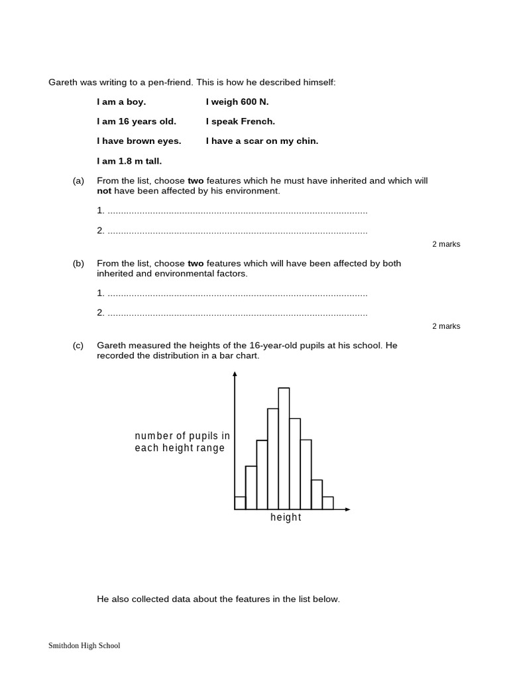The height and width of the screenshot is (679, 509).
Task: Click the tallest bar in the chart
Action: click(284, 448)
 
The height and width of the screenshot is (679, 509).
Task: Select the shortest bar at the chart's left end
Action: click(240, 503)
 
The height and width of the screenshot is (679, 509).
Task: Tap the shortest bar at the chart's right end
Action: click(327, 503)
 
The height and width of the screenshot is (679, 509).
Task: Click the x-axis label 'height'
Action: click(286, 517)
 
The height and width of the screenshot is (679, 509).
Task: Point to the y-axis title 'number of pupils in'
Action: click(182, 436)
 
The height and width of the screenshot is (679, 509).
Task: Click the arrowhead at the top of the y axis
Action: click(235, 375)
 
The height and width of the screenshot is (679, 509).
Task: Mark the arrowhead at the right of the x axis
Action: click(347, 509)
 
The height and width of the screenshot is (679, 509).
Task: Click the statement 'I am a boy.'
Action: click(121, 102)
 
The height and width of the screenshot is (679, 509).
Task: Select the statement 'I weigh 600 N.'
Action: click(237, 102)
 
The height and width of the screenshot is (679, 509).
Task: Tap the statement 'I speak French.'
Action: click(241, 121)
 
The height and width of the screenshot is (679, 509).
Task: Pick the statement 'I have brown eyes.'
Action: click(139, 141)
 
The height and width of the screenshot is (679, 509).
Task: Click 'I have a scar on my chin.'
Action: click(262, 141)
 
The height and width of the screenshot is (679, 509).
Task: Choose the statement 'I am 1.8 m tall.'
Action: click(129, 160)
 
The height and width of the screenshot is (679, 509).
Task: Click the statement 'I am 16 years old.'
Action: click(137, 121)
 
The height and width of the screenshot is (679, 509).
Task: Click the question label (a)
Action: click(78, 180)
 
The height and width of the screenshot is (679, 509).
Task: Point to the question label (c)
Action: click(78, 345)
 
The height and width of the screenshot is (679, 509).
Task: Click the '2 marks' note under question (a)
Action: click(446, 244)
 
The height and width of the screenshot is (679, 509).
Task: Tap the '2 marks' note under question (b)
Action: click(446, 326)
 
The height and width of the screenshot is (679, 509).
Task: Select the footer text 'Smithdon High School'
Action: click(84, 645)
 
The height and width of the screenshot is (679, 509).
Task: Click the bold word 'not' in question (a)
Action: click(104, 191)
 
